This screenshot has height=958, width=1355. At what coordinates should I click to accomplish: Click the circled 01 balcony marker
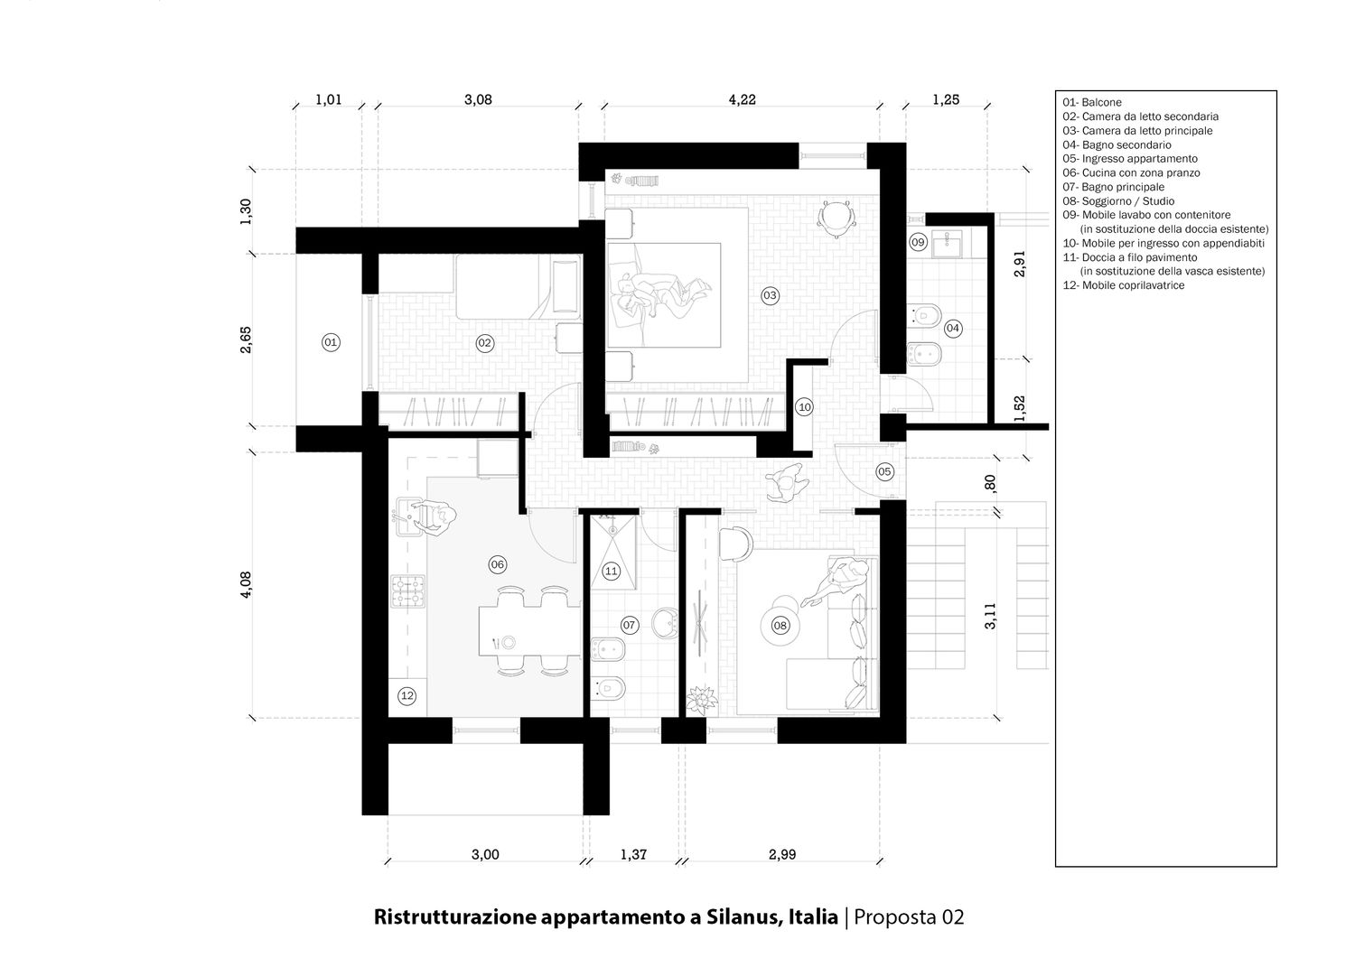coord(331,343)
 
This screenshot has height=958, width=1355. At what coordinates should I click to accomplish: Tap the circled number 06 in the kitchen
coord(497,565)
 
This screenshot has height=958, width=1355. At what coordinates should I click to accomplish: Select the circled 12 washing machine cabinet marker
coord(407,696)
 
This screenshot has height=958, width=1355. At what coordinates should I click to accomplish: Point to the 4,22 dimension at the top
coord(743,100)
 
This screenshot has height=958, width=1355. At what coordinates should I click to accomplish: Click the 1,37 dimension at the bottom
coord(633,854)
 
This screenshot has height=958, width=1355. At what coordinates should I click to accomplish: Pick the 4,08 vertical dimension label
coord(246,585)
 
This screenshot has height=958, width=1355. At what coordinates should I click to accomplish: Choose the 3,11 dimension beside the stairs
coord(990,617)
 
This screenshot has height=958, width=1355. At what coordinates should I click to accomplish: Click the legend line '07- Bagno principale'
coord(1114,187)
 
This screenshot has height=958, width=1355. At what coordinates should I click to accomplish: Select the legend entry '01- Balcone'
coord(1092,102)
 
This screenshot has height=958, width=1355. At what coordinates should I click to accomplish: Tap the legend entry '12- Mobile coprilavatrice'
coord(1124,285)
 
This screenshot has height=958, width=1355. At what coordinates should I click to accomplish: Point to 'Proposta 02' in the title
coord(909,917)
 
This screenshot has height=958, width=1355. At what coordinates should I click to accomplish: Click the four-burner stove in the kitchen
coord(408,591)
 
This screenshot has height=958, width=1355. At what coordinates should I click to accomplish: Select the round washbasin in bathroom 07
coord(666,622)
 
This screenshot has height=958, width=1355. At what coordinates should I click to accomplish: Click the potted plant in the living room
coord(702,701)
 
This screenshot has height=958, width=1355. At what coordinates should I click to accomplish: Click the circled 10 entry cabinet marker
coord(805,407)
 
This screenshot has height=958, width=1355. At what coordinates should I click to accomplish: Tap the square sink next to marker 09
coord(947,244)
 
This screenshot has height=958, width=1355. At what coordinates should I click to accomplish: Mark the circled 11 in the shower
coord(611,572)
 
